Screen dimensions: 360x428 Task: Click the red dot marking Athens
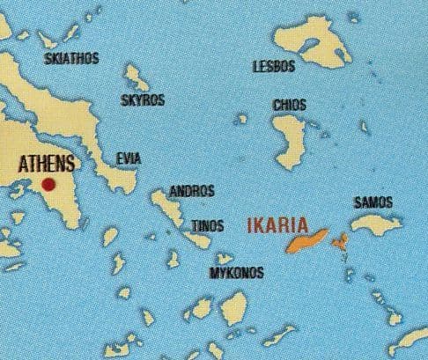48,185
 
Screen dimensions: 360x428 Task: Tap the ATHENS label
46,164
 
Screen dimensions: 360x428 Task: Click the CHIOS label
290,105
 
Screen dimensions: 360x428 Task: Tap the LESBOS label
271,66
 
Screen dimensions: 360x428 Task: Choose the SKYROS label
143,100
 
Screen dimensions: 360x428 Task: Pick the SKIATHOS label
71,59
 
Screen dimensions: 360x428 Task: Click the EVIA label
129,158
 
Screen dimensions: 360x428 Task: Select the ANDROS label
191,190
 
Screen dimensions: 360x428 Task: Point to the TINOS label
208,229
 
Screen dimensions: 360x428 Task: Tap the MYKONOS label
235,273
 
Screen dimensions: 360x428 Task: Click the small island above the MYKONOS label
225,259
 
